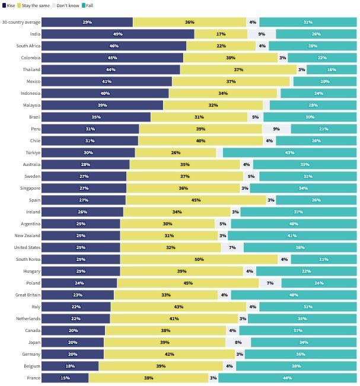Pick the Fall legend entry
(x=87, y=5)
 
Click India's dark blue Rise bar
(x=118, y=34)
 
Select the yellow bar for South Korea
(x=199, y=259)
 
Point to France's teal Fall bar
(x=288, y=378)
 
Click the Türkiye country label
(x=32, y=152)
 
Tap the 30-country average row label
(x=21, y=22)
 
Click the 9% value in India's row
(x=262, y=34)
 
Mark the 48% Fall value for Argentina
(x=293, y=224)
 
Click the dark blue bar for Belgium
(x=70, y=366)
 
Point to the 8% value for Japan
(x=238, y=342)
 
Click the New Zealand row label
(x=27, y=235)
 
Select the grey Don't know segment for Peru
(x=276, y=129)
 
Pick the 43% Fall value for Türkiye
(x=289, y=152)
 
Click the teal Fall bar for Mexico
(x=324, y=81)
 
